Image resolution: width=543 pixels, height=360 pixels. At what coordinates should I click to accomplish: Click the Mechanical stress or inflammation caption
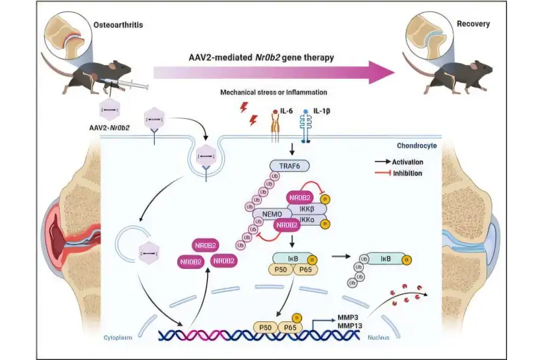click(x=273, y=92)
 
